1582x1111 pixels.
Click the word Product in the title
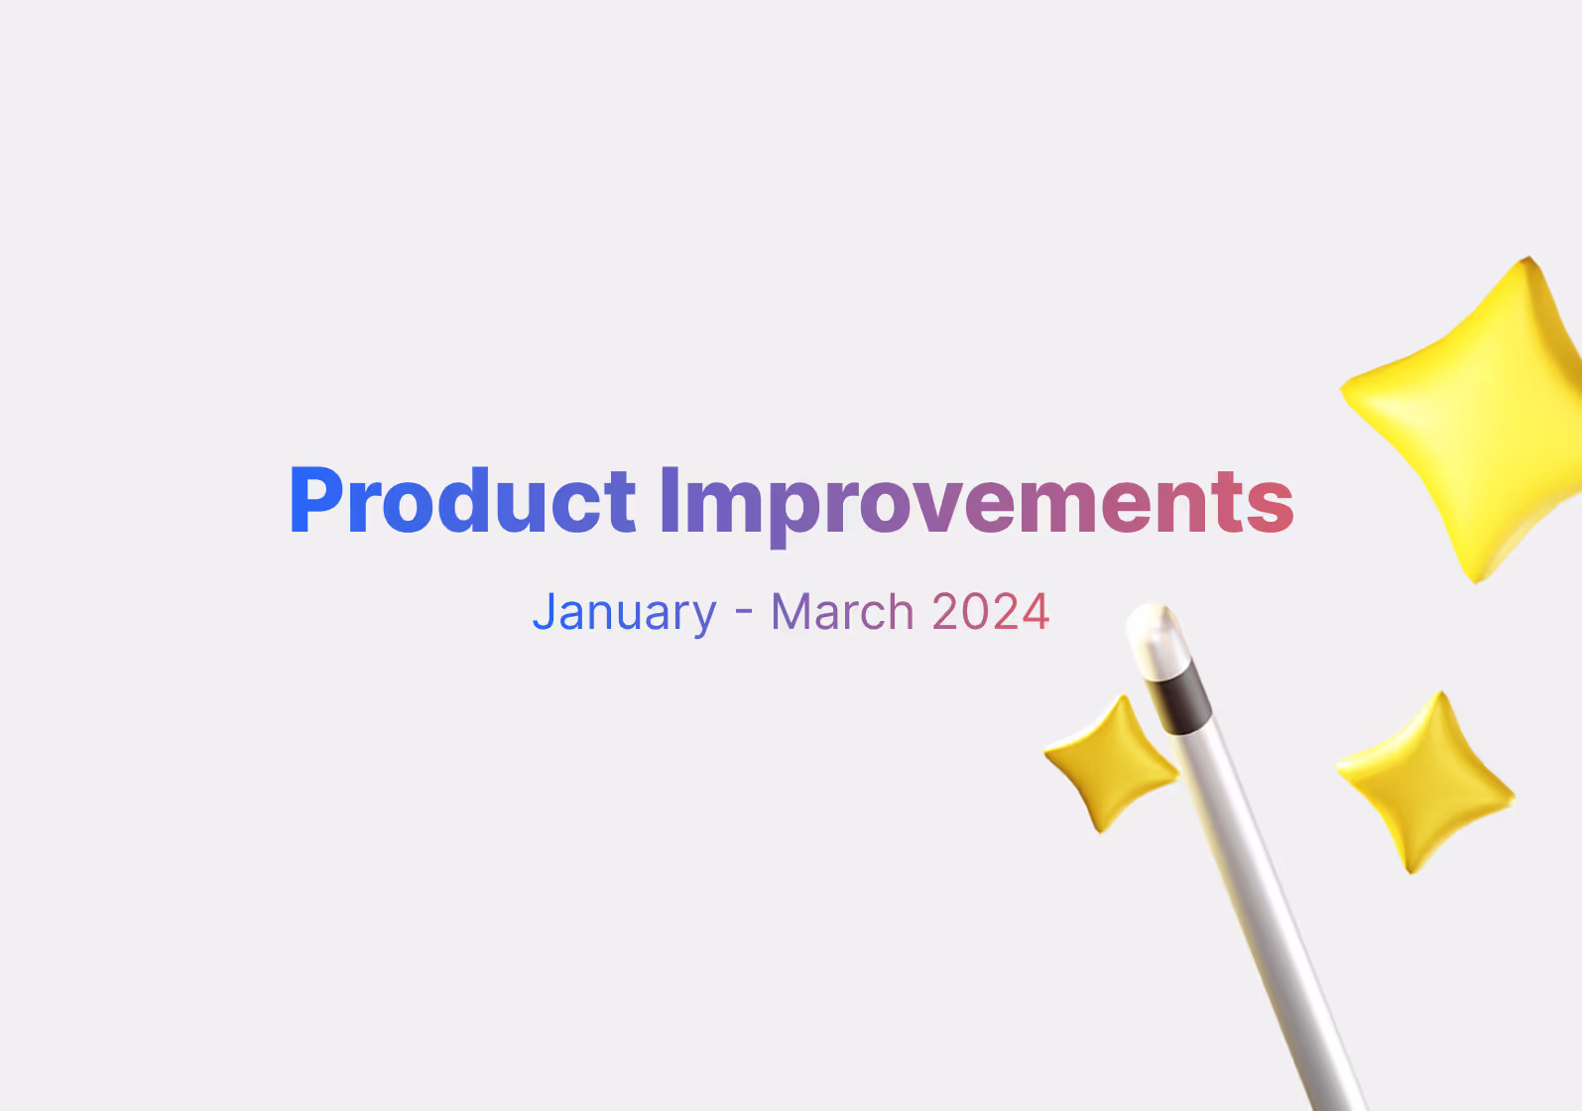(x=462, y=501)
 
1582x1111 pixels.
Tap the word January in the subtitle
(x=624, y=612)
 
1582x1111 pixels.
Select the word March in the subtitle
(x=842, y=612)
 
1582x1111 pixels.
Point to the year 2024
(x=990, y=612)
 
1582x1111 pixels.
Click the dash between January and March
(x=744, y=612)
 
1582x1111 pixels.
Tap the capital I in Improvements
(x=669, y=501)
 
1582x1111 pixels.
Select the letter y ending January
(x=703, y=617)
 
